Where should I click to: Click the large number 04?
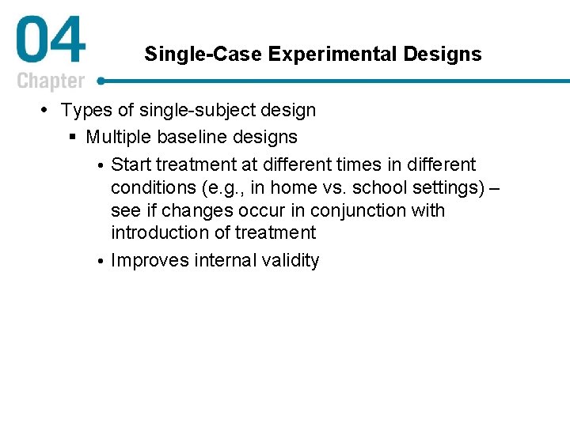point(50,42)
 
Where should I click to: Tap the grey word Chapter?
point(51,81)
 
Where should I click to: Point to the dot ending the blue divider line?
point(101,81)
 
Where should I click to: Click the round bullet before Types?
point(49,110)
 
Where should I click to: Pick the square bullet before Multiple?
point(74,138)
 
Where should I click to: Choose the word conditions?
point(154,187)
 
